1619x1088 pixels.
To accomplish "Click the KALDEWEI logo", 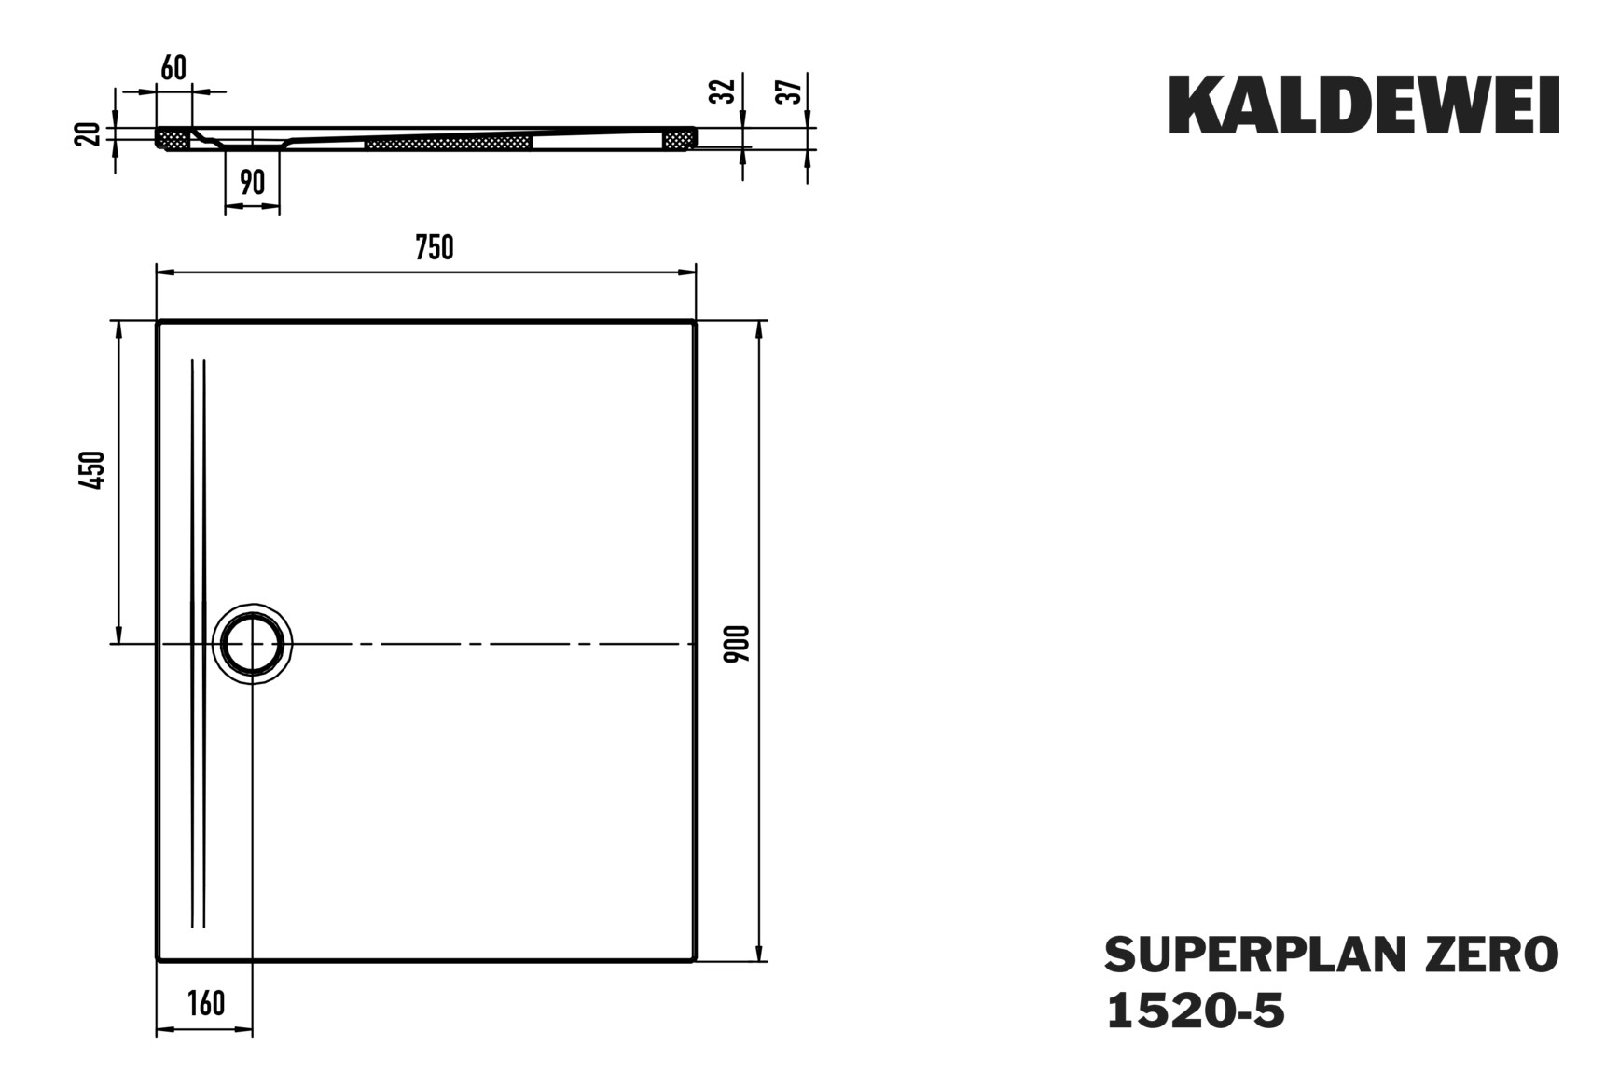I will [1363, 105].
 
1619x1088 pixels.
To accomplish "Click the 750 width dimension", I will [435, 248].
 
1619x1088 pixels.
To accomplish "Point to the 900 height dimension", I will [738, 644].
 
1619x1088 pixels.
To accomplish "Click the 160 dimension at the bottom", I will [205, 1003].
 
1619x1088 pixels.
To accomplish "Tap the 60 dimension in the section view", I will [173, 68].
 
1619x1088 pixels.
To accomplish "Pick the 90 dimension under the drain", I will [252, 182].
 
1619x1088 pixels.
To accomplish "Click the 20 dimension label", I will [87, 133].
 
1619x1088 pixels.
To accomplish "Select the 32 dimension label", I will [723, 91].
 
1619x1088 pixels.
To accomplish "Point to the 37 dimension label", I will [789, 91].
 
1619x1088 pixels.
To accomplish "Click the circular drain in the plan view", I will [252, 644].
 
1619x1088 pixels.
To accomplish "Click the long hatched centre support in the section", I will [448, 143].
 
